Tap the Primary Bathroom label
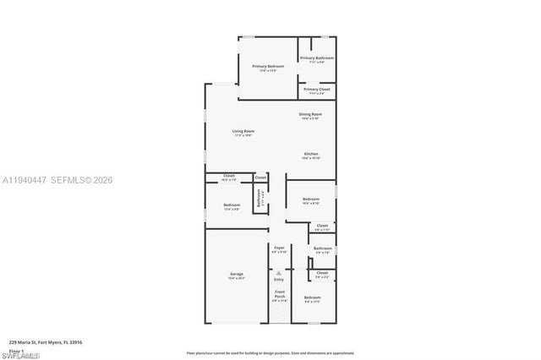317,58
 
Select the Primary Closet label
317,89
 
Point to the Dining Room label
310,114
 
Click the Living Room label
243,131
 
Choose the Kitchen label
311,154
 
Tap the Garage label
237,275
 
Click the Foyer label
279,248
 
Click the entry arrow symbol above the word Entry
279,271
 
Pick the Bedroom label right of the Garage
312,297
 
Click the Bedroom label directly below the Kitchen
310,199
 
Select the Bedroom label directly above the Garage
232,205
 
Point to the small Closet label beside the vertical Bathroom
260,177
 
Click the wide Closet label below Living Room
229,177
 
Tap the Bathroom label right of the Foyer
322,248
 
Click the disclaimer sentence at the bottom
270,352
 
